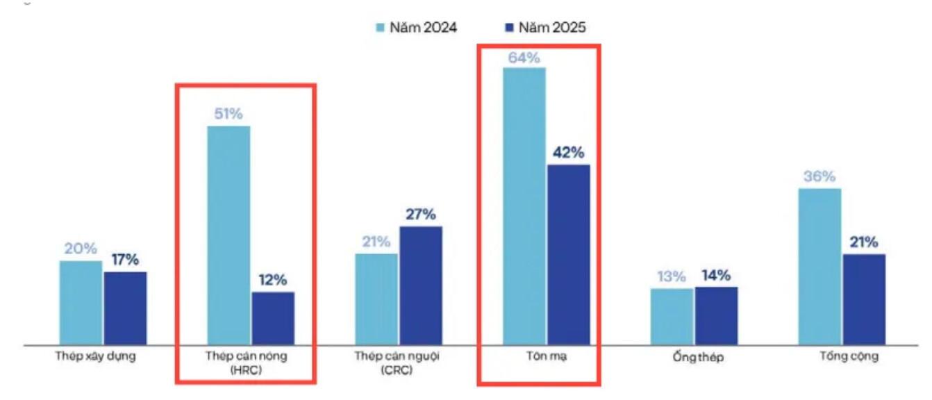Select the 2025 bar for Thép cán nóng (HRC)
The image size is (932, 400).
(x=273, y=317)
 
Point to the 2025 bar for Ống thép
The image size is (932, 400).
(x=716, y=315)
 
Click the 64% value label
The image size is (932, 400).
(x=524, y=58)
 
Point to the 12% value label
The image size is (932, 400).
(x=272, y=281)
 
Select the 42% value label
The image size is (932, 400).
(x=568, y=153)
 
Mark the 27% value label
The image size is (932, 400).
(x=420, y=215)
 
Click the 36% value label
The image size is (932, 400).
(x=819, y=177)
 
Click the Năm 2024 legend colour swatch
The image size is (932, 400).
(x=379, y=28)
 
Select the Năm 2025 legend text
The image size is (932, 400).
(x=555, y=28)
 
